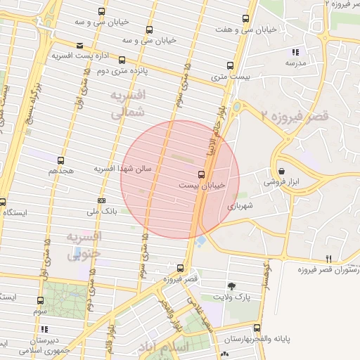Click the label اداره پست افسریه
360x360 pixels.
[83, 56]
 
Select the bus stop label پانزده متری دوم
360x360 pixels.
[122, 71]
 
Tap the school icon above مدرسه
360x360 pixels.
[295, 52]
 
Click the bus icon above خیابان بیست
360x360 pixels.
[202, 174]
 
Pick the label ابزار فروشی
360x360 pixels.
[281, 181]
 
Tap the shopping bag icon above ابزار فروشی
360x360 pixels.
[281, 171]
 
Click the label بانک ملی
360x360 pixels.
[101, 210]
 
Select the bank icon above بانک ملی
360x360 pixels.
[101, 200]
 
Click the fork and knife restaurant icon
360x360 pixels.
[328, 259]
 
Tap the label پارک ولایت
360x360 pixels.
[232, 297]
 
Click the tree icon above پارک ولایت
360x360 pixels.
[231, 285]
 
